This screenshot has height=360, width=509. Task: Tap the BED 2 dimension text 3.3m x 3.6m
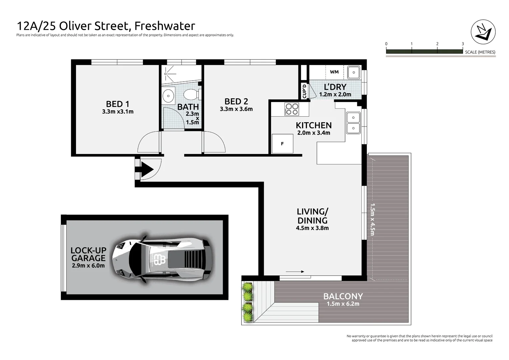click(x=236, y=109)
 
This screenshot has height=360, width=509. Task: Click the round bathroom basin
click(x=168, y=96)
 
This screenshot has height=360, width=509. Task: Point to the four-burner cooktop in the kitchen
click(x=291, y=109)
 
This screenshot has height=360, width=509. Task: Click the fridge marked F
click(x=282, y=144)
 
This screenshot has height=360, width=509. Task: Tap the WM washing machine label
click(x=334, y=72)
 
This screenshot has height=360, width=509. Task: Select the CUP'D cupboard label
click(x=304, y=91)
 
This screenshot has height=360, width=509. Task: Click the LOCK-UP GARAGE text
click(x=88, y=254)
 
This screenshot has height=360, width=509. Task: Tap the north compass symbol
click(x=483, y=32)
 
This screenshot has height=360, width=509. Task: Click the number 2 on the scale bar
click(x=437, y=44)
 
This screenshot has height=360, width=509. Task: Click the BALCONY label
click(x=343, y=296)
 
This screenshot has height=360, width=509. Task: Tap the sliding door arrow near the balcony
click(x=295, y=272)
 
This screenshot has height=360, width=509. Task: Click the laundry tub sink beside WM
click(x=353, y=72)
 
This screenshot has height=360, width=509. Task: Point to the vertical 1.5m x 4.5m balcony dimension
click(x=372, y=219)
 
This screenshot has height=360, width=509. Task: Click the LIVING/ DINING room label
click(x=312, y=216)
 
